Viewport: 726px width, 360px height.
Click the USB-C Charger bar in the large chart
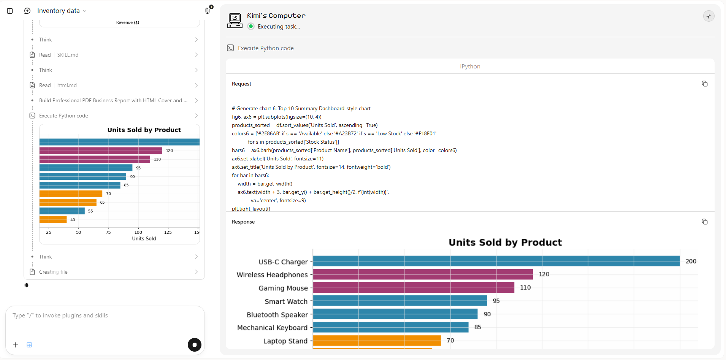[496, 261]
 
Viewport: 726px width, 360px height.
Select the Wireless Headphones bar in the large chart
[423, 274]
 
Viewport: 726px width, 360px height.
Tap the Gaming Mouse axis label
[283, 288]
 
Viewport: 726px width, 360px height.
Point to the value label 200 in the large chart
[691, 261]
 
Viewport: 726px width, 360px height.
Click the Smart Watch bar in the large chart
[400, 301]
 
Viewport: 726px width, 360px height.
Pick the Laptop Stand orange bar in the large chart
[377, 340]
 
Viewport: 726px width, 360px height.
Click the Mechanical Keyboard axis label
[272, 328]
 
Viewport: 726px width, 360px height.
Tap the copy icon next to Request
[704, 84]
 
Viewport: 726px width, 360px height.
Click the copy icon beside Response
[704, 222]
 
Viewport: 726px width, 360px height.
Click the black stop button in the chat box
[195, 345]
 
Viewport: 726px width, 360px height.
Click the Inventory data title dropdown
[62, 11]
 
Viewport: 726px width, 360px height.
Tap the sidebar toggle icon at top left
[10, 11]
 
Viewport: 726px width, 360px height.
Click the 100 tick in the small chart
[138, 232]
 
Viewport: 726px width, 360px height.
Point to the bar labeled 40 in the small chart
[53, 219]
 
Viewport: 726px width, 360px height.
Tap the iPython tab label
[470, 67]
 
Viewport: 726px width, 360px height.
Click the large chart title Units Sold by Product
[505, 242]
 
